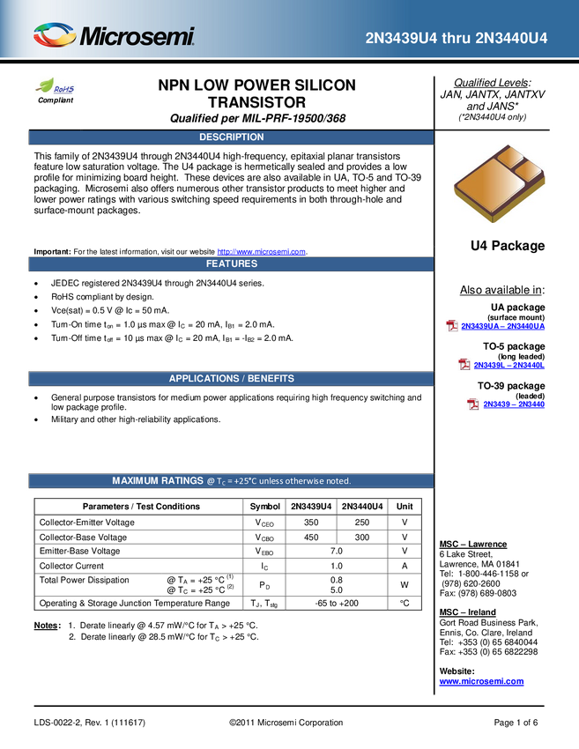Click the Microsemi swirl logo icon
[x=54, y=36]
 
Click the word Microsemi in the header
[x=137, y=37]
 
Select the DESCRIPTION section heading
[x=231, y=137]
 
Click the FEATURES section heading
[x=231, y=264]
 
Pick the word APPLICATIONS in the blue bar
[x=203, y=379]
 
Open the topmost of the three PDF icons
[x=452, y=326]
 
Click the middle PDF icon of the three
[x=464, y=365]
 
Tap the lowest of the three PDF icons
[x=473, y=404]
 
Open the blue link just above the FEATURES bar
[x=261, y=250]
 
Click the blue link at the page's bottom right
[x=481, y=680]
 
